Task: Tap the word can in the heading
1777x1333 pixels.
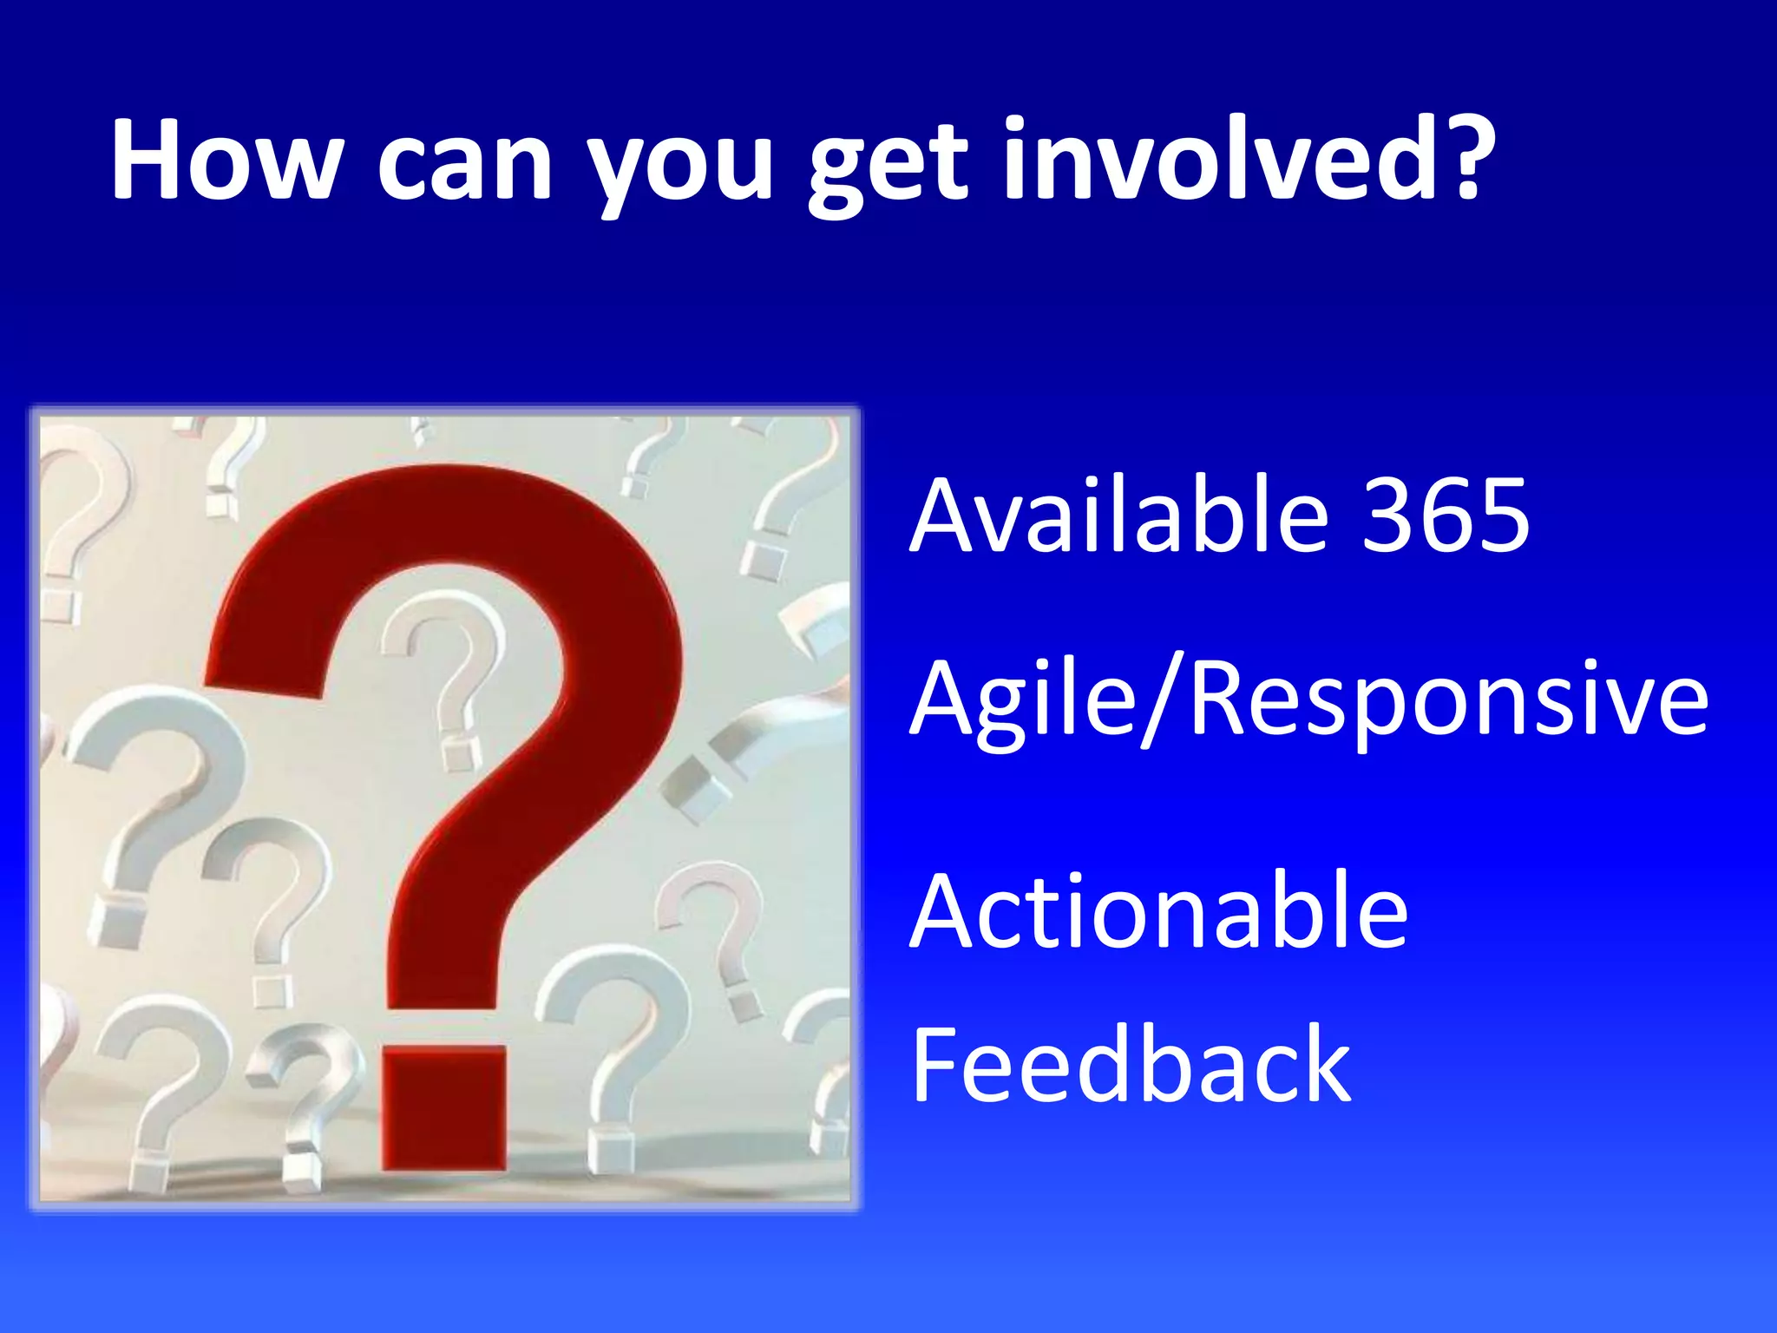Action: [x=464, y=165]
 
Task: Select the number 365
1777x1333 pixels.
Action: [x=1445, y=515]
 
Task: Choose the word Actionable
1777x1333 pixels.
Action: [x=1158, y=911]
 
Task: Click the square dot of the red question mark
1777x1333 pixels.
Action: [x=444, y=1107]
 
